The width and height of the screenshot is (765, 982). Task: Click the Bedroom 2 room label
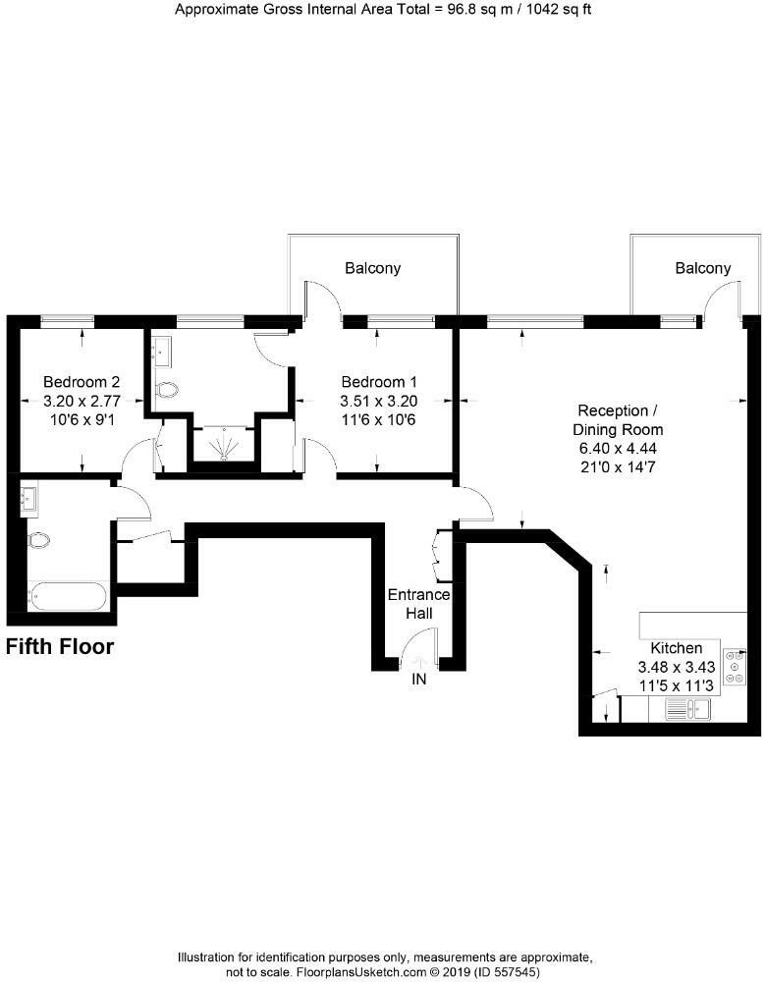pos(82,382)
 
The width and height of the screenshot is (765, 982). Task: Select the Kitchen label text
pos(677,648)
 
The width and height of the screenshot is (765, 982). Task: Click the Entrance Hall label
pos(418,604)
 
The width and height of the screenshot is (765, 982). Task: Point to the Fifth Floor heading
pos(60,647)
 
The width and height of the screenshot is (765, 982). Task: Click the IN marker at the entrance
pos(419,679)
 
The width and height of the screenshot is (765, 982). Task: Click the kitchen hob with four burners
pos(734,668)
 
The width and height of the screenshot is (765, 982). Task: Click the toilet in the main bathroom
pos(39,539)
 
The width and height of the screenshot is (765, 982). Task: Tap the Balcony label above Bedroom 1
pos(372,268)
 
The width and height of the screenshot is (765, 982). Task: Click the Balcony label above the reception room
pos(703,268)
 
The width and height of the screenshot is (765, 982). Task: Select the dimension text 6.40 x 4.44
pos(618,448)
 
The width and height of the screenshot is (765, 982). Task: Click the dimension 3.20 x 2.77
pos(82,401)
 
